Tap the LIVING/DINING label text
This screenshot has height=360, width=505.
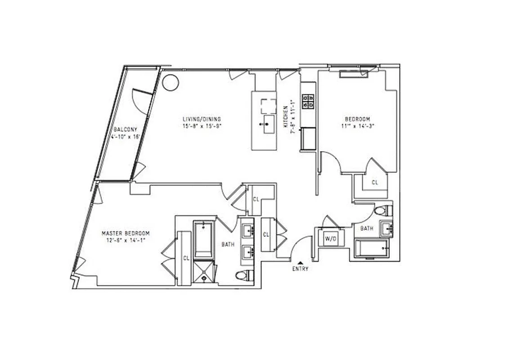click(x=202, y=119)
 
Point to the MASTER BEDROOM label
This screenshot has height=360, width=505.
click(x=126, y=234)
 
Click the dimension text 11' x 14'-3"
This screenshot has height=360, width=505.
click(x=359, y=126)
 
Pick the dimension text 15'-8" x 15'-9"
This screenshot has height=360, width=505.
click(x=202, y=126)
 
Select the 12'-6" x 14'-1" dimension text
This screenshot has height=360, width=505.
click(x=126, y=240)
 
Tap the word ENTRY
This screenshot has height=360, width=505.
click(x=300, y=269)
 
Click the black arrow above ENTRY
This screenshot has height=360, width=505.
click(x=300, y=262)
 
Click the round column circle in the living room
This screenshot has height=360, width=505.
click(x=171, y=82)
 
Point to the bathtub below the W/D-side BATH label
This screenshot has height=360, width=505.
click(x=371, y=248)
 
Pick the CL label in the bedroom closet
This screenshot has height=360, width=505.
click(x=374, y=183)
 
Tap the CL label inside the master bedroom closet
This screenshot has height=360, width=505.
click(x=186, y=258)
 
